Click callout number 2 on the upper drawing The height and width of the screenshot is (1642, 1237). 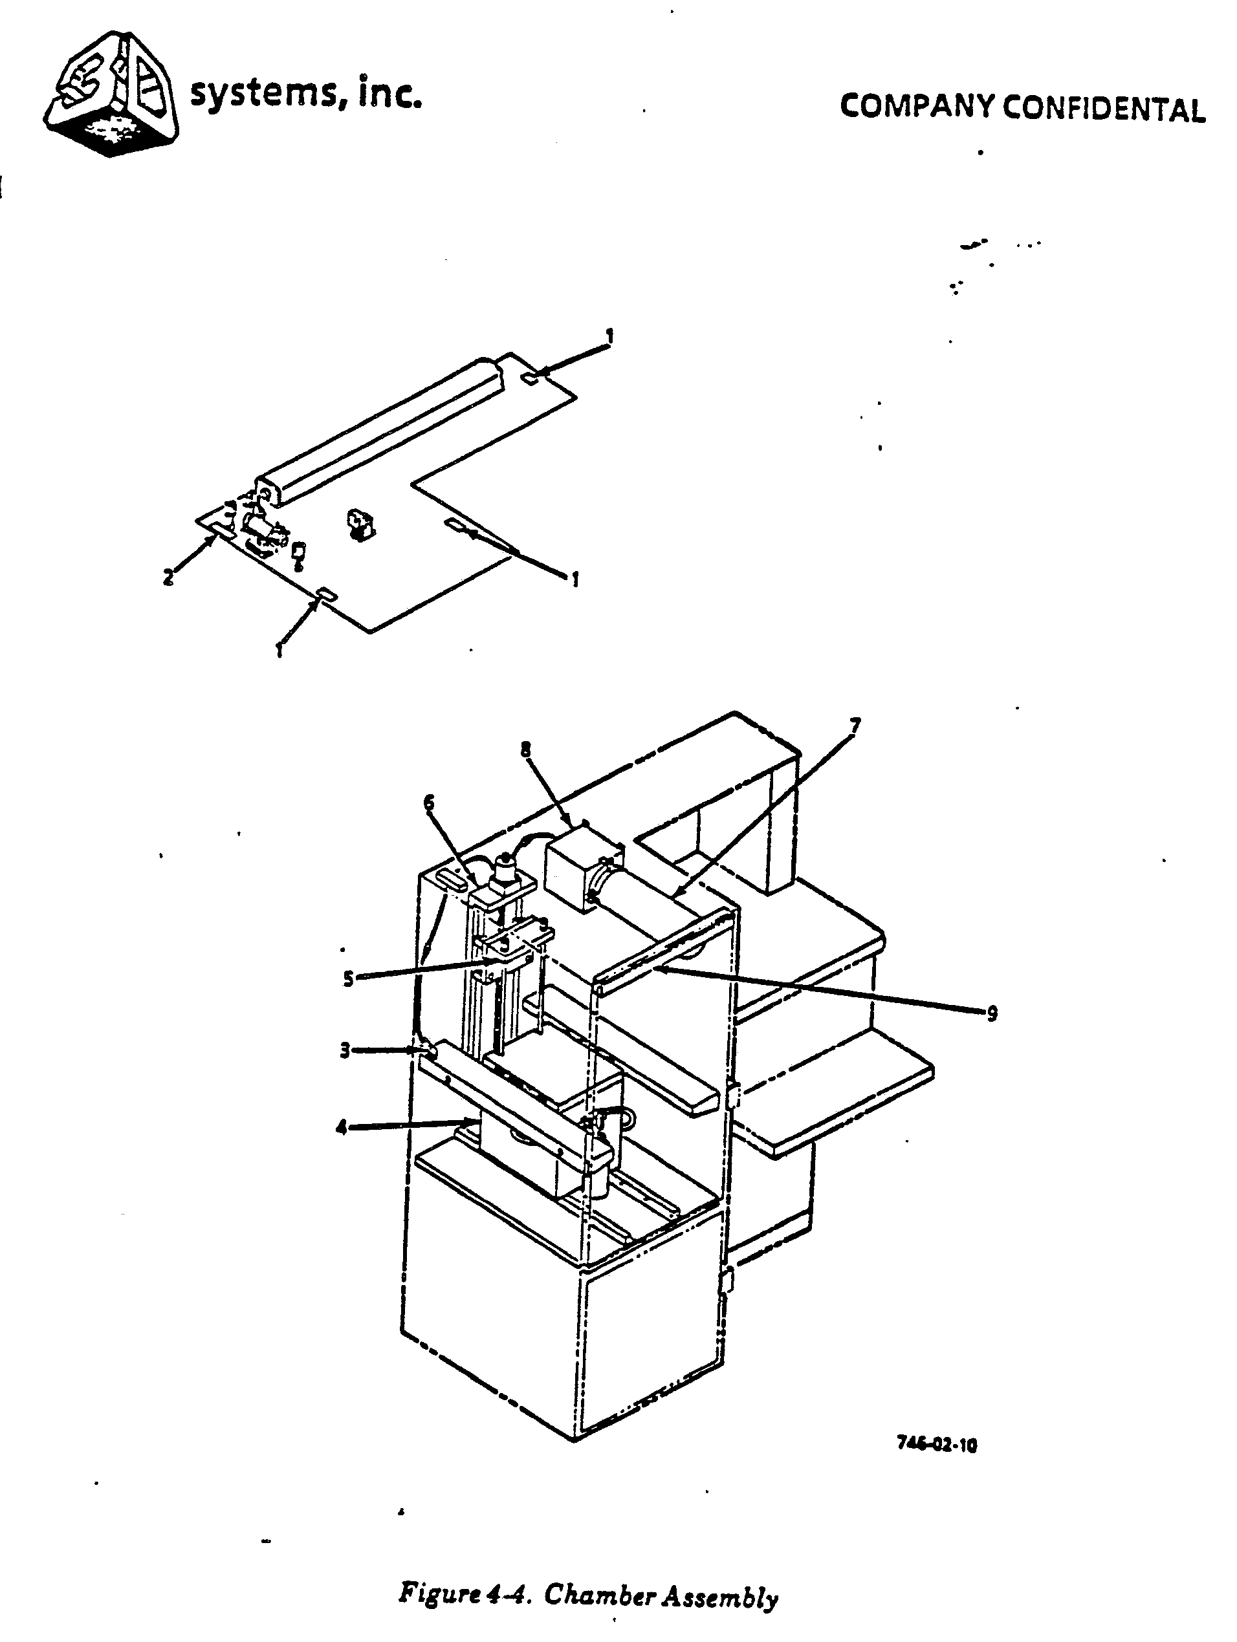tap(169, 576)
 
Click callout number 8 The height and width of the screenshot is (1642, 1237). tap(526, 749)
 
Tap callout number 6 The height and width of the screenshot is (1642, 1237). tap(429, 803)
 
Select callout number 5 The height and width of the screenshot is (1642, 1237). tap(347, 978)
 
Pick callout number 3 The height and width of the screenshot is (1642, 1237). tap(345, 1050)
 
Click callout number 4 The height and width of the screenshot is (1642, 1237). tap(341, 1128)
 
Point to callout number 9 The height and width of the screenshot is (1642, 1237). tap(992, 1013)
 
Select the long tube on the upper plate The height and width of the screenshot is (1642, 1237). tap(380, 432)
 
